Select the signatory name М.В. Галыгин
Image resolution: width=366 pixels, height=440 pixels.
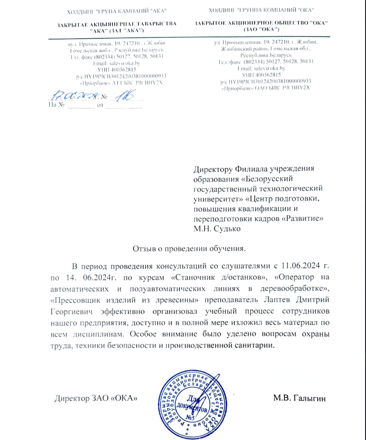(x=299, y=399)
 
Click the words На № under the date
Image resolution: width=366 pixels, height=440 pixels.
(x=57, y=106)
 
